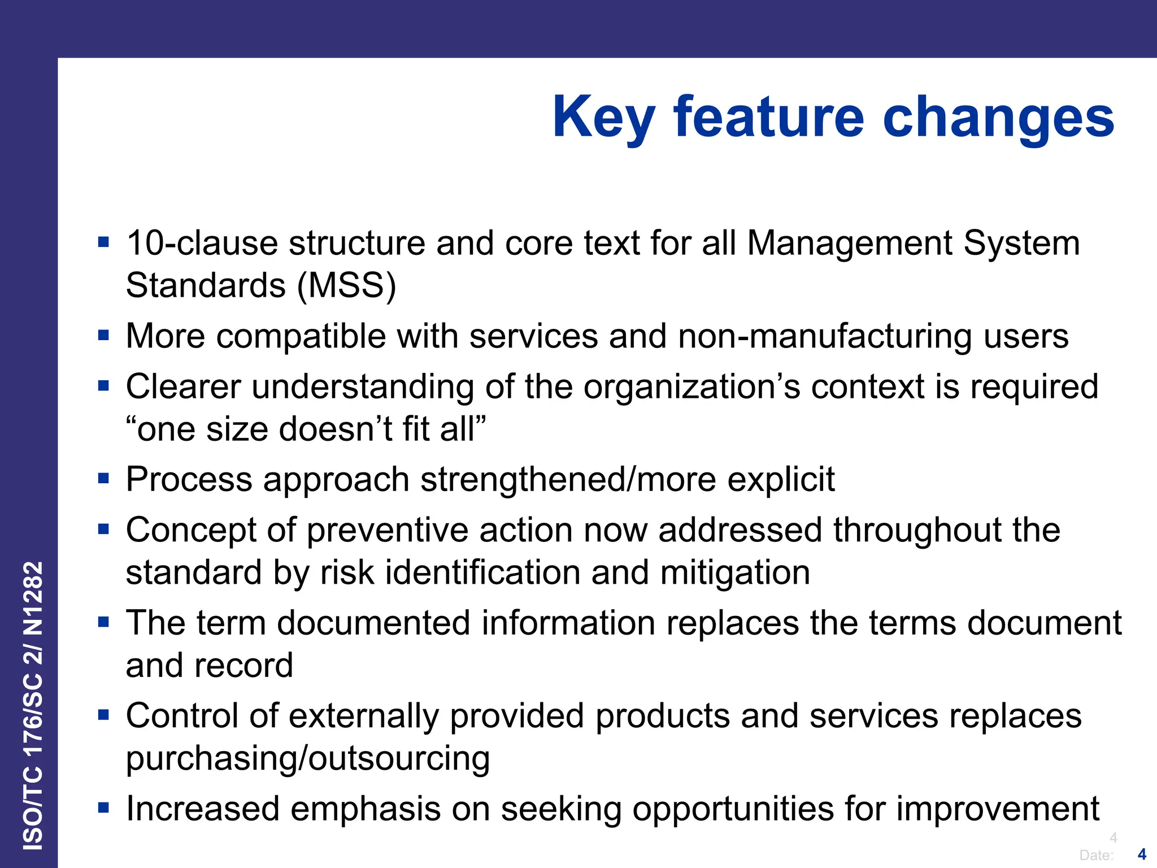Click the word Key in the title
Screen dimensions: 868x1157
click(603, 118)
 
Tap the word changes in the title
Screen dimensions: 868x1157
click(998, 118)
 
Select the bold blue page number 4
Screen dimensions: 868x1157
click(1142, 854)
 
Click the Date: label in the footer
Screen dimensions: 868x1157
click(1096, 855)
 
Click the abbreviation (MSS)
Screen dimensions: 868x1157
click(347, 285)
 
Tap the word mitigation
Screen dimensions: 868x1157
click(735, 572)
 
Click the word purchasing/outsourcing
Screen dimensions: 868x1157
click(308, 759)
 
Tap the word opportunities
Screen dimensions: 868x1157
click(733, 809)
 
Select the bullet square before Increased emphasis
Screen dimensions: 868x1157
click(103, 808)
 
